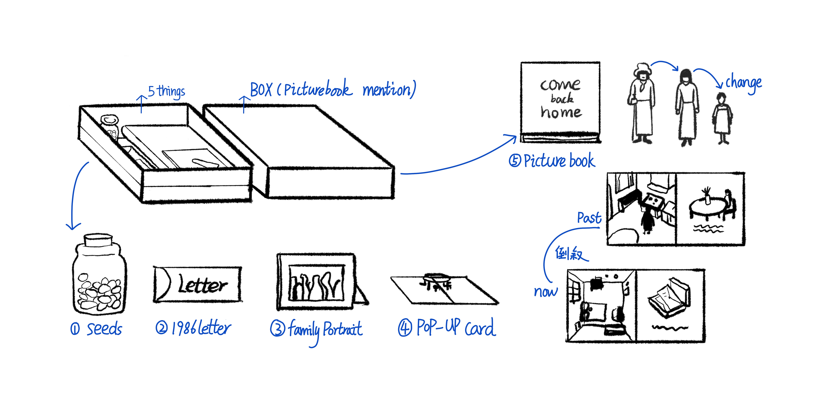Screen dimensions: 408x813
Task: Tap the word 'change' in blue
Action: (743, 83)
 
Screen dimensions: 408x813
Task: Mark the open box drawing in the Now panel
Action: (669, 299)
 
